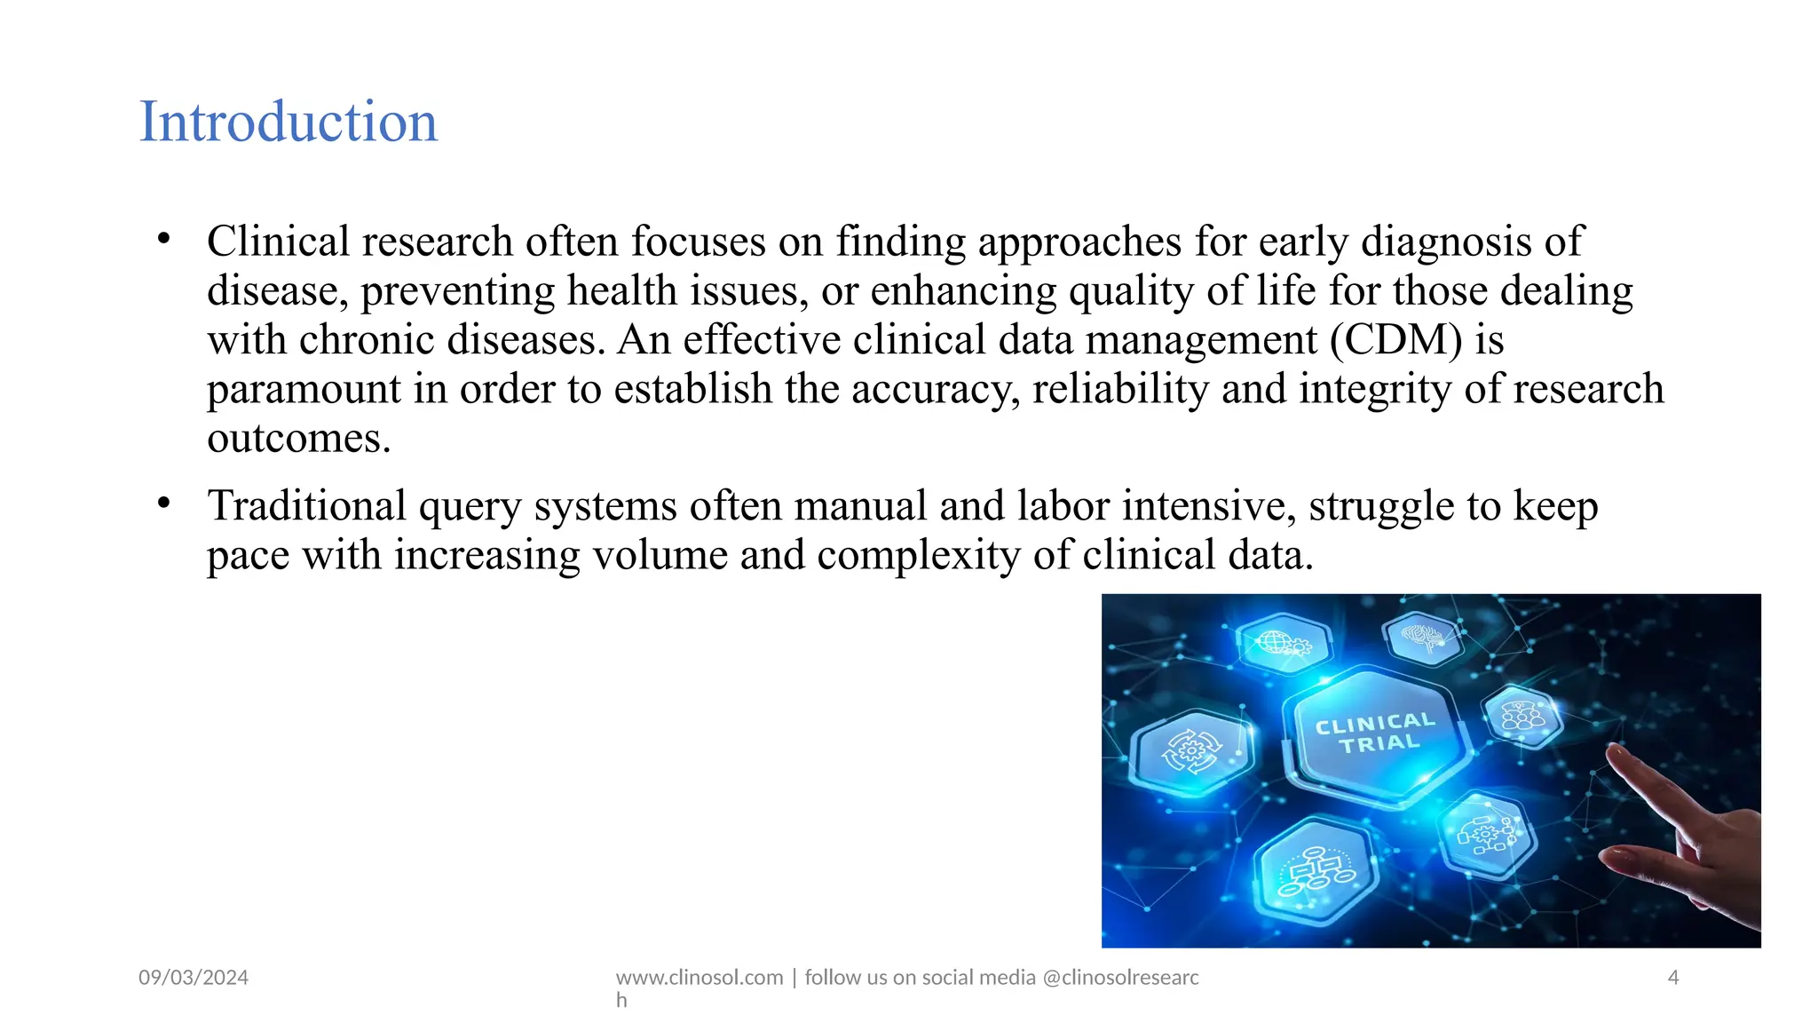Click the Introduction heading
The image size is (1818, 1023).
tap(289, 122)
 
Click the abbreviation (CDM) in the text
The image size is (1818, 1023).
tap(1395, 340)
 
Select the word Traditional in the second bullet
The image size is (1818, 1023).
tap(306, 506)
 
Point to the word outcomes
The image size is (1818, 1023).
tap(298, 439)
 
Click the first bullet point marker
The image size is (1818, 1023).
tap(163, 239)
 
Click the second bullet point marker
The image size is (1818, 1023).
tap(163, 504)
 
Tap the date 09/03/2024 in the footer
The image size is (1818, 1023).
tap(194, 978)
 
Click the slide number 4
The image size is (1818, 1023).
tap(1673, 978)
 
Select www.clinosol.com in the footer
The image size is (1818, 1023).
tap(700, 978)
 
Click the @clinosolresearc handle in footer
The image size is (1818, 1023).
tap(1120, 978)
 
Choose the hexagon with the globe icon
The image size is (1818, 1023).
tap(1283, 642)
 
